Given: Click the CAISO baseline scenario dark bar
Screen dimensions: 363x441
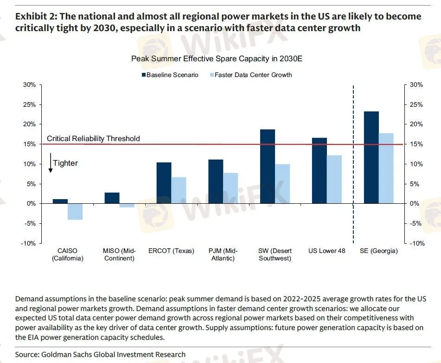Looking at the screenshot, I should (60, 201).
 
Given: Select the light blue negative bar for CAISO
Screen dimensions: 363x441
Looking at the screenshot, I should (75, 212).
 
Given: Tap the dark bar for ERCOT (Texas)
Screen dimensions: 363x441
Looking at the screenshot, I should (164, 183).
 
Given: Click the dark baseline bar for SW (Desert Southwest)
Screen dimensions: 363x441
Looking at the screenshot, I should (268, 166).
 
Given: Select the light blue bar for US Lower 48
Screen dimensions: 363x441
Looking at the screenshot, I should (334, 179).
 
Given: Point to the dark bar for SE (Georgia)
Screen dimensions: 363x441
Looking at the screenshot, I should (371, 157).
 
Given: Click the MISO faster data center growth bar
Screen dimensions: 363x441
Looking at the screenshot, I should (127, 205).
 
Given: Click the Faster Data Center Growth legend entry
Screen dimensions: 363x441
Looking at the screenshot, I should (253, 75).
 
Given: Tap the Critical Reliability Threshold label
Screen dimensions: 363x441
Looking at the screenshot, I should (93, 138).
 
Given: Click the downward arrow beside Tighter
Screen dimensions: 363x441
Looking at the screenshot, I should (50, 163).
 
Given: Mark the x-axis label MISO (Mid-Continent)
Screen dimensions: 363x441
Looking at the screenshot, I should (119, 254).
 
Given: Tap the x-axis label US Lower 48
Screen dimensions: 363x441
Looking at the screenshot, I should (327, 251).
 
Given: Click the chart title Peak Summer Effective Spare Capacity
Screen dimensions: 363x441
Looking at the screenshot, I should (217, 59).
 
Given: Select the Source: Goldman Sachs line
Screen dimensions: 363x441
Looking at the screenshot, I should (100, 354).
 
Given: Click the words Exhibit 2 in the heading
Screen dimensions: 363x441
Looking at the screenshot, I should (35, 17).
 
